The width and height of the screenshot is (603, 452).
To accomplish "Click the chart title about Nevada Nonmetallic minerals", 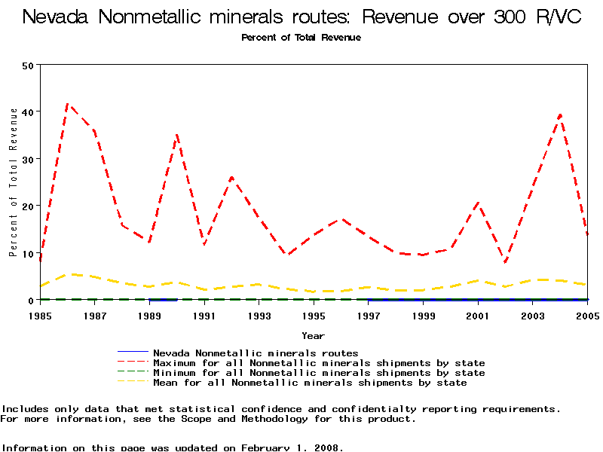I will click(x=301, y=17).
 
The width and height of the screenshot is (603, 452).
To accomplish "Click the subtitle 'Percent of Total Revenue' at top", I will click(x=301, y=38).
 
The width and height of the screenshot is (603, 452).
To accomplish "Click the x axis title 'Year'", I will click(x=314, y=335).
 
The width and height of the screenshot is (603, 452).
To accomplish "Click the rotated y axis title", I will click(x=13, y=182).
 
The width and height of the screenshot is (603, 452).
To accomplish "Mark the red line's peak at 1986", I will click(x=68, y=104).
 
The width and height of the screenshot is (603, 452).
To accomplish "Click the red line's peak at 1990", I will click(x=177, y=135).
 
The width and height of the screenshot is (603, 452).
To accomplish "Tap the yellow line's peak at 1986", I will click(x=69, y=274).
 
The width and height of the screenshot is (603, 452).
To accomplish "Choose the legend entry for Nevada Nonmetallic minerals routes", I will click(x=256, y=353).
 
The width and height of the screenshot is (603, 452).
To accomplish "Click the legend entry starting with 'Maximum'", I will click(x=319, y=363).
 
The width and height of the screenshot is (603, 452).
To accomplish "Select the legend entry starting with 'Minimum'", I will click(x=319, y=373).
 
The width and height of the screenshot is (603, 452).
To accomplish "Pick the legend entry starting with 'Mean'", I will click(x=310, y=383).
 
